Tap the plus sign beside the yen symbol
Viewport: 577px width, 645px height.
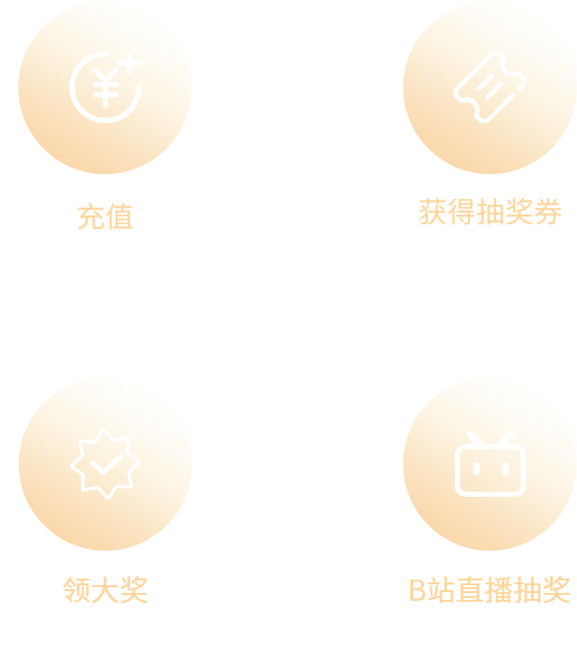(x=130, y=64)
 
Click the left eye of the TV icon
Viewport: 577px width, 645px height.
(x=476, y=469)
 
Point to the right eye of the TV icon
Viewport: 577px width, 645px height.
(x=506, y=469)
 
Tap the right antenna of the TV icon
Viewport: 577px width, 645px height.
(x=505, y=438)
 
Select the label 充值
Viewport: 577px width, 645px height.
(x=105, y=217)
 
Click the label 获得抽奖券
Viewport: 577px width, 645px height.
(x=489, y=212)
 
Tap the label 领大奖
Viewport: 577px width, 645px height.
(x=105, y=590)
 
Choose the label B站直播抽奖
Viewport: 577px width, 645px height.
(x=489, y=590)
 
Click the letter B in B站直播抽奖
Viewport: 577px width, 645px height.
(x=417, y=590)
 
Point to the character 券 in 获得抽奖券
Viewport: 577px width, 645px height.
(x=548, y=212)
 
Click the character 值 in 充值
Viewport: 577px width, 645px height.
(x=119, y=217)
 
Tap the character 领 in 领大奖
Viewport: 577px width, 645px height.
(x=76, y=590)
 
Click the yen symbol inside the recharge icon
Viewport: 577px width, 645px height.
(x=105, y=88)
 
